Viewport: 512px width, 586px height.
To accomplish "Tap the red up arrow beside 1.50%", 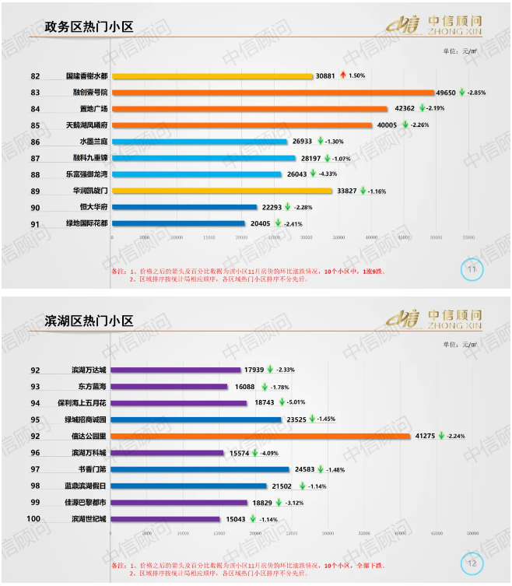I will [x=342, y=75].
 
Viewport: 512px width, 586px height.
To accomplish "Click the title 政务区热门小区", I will [x=88, y=27].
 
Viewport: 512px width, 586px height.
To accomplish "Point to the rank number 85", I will [x=35, y=125].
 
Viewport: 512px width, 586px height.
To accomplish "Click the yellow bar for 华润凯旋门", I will [x=223, y=191].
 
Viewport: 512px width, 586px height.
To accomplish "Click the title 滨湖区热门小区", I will [x=88, y=321].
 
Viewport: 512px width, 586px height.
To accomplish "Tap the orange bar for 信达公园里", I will [x=261, y=436].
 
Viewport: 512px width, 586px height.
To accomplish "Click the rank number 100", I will [x=34, y=518].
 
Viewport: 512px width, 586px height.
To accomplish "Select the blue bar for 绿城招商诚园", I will [x=197, y=419].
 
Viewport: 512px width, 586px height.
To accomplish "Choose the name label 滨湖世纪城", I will [x=89, y=518].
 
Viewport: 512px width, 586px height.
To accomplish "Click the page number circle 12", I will [x=472, y=562].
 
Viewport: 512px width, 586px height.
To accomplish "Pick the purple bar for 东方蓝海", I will [x=170, y=387].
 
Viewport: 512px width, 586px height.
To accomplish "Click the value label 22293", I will [x=272, y=207].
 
